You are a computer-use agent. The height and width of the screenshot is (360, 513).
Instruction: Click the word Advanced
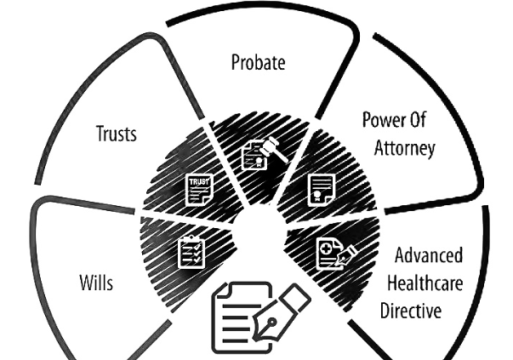pyautogui.click(x=428, y=256)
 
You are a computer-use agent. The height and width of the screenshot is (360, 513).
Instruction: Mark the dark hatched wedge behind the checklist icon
pyautogui.click(x=162, y=247)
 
